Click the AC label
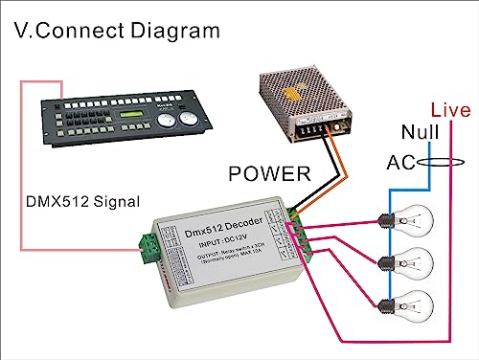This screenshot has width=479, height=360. tap(399, 163)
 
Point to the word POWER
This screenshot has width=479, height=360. tap(268, 173)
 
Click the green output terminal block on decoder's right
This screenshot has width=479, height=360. tap(298, 231)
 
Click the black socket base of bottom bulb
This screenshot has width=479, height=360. tap(386, 306)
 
